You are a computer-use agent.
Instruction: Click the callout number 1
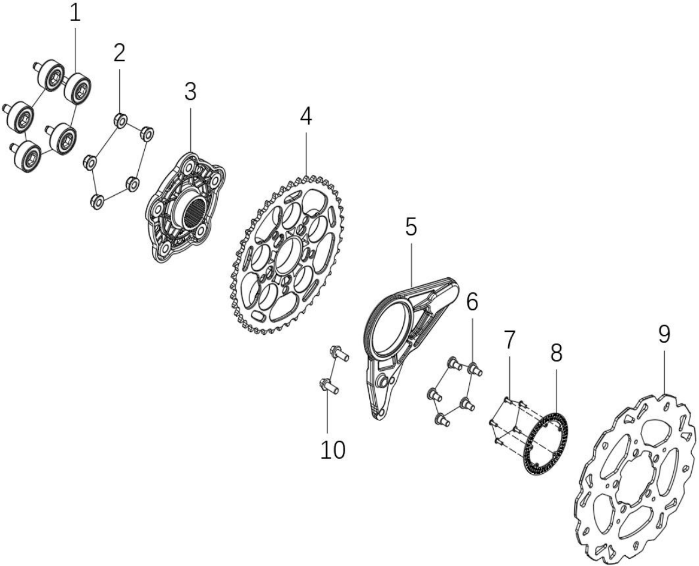[x=75, y=13]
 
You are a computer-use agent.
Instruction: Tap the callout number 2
[x=119, y=53]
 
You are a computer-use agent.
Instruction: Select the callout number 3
[x=190, y=92]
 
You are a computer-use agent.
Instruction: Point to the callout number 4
[x=306, y=117]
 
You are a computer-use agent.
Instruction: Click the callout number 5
[x=411, y=227]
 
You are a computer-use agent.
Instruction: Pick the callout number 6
[x=472, y=302]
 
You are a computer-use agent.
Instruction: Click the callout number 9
[x=664, y=334]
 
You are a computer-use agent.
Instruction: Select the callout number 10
[x=333, y=450]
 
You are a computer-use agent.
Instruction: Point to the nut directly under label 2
[x=121, y=120]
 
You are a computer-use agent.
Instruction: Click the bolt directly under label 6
[x=475, y=369]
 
